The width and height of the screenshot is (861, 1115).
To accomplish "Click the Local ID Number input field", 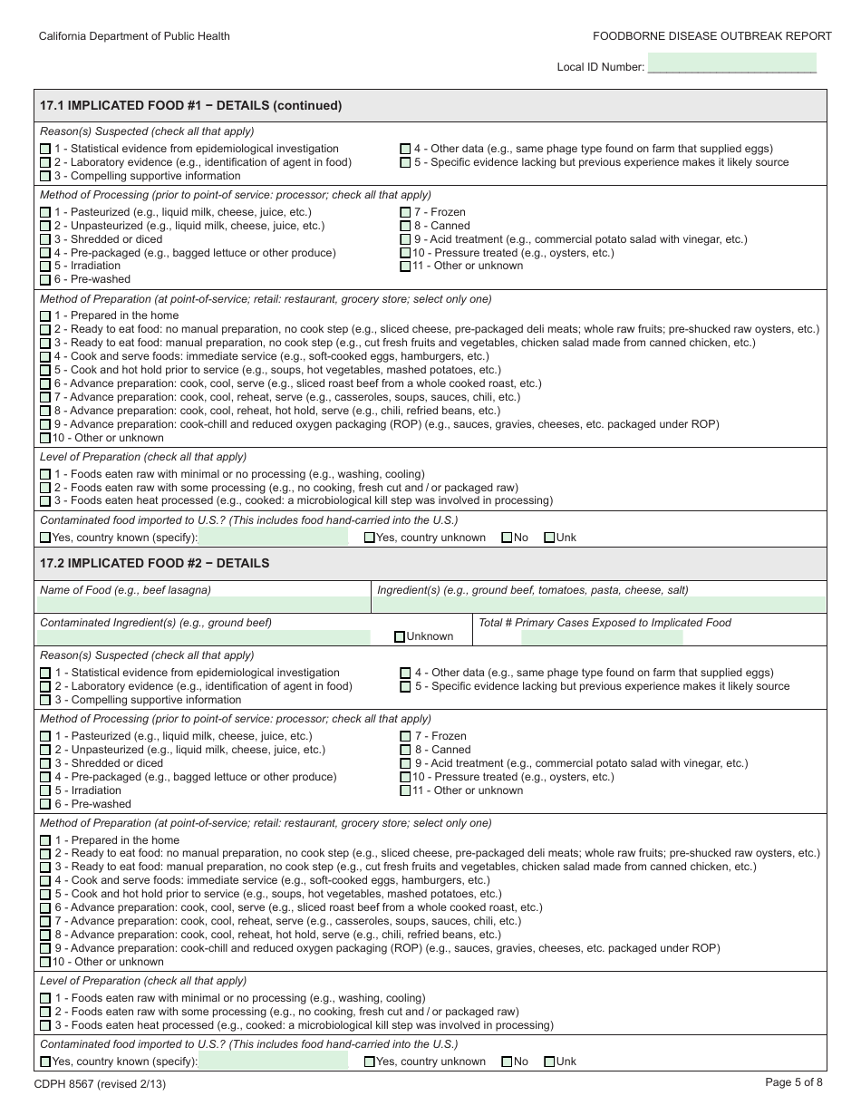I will click(x=732, y=64).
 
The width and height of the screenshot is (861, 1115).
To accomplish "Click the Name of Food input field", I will click(x=205, y=605).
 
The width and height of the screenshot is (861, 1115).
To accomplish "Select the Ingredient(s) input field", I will click(x=599, y=605).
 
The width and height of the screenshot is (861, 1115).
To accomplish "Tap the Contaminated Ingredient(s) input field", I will click(x=205, y=637).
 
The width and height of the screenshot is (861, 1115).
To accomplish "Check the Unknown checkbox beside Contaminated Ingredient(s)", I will click(x=400, y=637).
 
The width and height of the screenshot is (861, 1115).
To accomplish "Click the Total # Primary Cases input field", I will click(x=602, y=637).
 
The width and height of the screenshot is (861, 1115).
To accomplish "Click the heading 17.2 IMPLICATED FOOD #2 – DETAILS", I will click(x=154, y=563).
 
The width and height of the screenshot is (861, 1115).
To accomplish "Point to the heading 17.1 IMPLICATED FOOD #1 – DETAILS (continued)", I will click(x=190, y=105).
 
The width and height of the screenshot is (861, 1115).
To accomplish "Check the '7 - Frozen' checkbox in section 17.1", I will click(x=405, y=212).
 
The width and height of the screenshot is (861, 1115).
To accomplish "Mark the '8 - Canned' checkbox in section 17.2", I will click(x=405, y=750).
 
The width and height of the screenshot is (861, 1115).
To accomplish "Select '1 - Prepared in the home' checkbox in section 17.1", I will click(x=45, y=316).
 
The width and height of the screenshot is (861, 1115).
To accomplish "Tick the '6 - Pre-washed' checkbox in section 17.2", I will click(x=45, y=804).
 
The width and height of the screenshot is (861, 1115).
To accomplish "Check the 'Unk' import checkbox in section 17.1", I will click(x=549, y=538).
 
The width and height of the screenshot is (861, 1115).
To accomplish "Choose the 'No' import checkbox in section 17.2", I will click(x=507, y=1062).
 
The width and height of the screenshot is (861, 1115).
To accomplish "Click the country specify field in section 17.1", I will click(x=273, y=538).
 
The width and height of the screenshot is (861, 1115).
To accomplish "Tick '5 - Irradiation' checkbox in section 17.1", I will click(x=45, y=267).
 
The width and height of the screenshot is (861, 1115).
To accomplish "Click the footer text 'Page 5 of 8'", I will click(x=794, y=1081).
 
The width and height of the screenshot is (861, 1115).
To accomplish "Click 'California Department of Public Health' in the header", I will click(x=134, y=36).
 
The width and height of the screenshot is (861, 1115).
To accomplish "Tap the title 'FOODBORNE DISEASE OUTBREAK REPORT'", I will click(x=711, y=36).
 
